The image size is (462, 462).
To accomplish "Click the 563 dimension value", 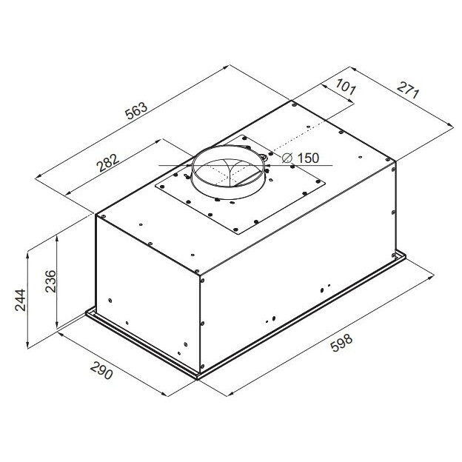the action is (x=136, y=110).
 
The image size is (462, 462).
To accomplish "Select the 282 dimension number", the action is (x=109, y=162).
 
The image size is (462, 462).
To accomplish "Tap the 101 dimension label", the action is (x=346, y=87).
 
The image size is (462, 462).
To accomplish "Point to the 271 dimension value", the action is (x=408, y=90).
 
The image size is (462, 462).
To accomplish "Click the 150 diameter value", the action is (x=308, y=158).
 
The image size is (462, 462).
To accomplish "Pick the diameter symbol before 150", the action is (x=287, y=158).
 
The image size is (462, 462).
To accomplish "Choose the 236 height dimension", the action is (x=50, y=281).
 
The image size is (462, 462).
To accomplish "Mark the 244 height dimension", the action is (x=20, y=300).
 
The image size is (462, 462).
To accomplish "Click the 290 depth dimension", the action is (x=101, y=370).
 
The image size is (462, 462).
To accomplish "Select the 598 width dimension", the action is (x=341, y=343).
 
